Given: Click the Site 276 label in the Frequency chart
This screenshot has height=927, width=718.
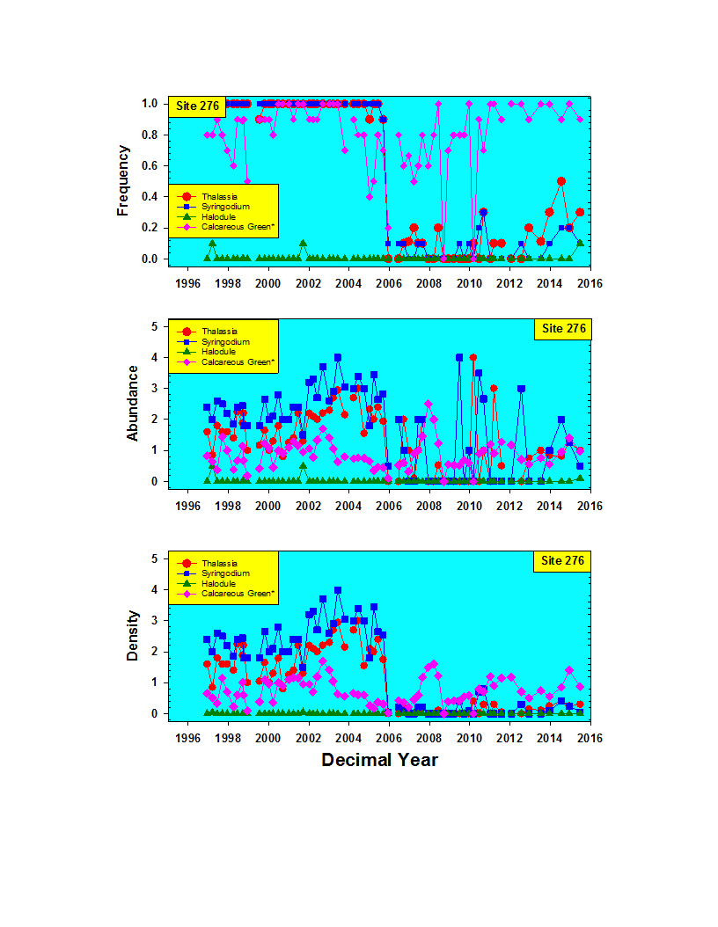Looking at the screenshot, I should [x=197, y=106].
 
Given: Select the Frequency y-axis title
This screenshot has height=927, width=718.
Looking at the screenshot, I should [x=124, y=181].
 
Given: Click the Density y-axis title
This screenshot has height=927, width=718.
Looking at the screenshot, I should [x=132, y=635].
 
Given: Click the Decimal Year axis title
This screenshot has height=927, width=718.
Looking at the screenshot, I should [x=379, y=759].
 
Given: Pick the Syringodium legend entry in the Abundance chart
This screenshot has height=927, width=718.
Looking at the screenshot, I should [x=225, y=341].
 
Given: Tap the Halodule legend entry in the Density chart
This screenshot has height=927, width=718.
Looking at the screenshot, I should [x=221, y=583].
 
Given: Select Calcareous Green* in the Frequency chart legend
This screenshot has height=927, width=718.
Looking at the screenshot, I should [x=238, y=227].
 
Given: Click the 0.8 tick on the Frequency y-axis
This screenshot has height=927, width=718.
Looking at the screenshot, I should [x=150, y=135].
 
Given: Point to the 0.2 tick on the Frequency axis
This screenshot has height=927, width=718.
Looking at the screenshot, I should [x=150, y=228].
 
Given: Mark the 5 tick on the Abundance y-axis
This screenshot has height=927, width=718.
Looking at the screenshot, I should [x=154, y=326].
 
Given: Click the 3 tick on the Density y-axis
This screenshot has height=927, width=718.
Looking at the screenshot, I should [x=154, y=620].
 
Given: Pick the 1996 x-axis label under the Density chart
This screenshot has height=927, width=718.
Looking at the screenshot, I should [x=187, y=738].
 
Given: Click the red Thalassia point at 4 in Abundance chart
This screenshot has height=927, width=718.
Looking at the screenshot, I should [x=473, y=358].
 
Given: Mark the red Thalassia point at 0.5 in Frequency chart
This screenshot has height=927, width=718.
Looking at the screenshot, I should [x=561, y=181].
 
